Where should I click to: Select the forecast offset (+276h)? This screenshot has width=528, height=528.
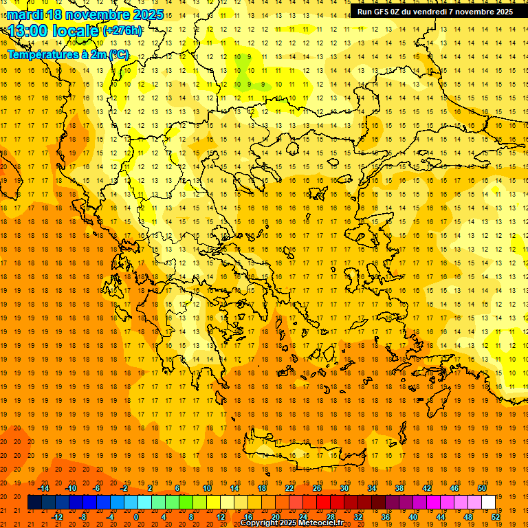(x=122, y=31)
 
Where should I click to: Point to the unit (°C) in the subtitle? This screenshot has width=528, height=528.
(x=118, y=54)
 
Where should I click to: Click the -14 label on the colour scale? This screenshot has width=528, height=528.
(x=44, y=488)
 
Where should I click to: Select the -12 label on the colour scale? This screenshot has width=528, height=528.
(x=58, y=517)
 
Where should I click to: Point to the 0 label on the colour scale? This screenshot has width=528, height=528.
(x=136, y=517)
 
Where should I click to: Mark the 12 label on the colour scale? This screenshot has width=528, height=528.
(x=221, y=517)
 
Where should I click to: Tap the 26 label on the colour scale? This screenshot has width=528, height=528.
(x=317, y=488)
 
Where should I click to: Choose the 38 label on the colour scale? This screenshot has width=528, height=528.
(x=399, y=488)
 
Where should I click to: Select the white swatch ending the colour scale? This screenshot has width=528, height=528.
(x=488, y=502)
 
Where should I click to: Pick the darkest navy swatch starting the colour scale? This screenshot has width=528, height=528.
(x=35, y=502)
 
